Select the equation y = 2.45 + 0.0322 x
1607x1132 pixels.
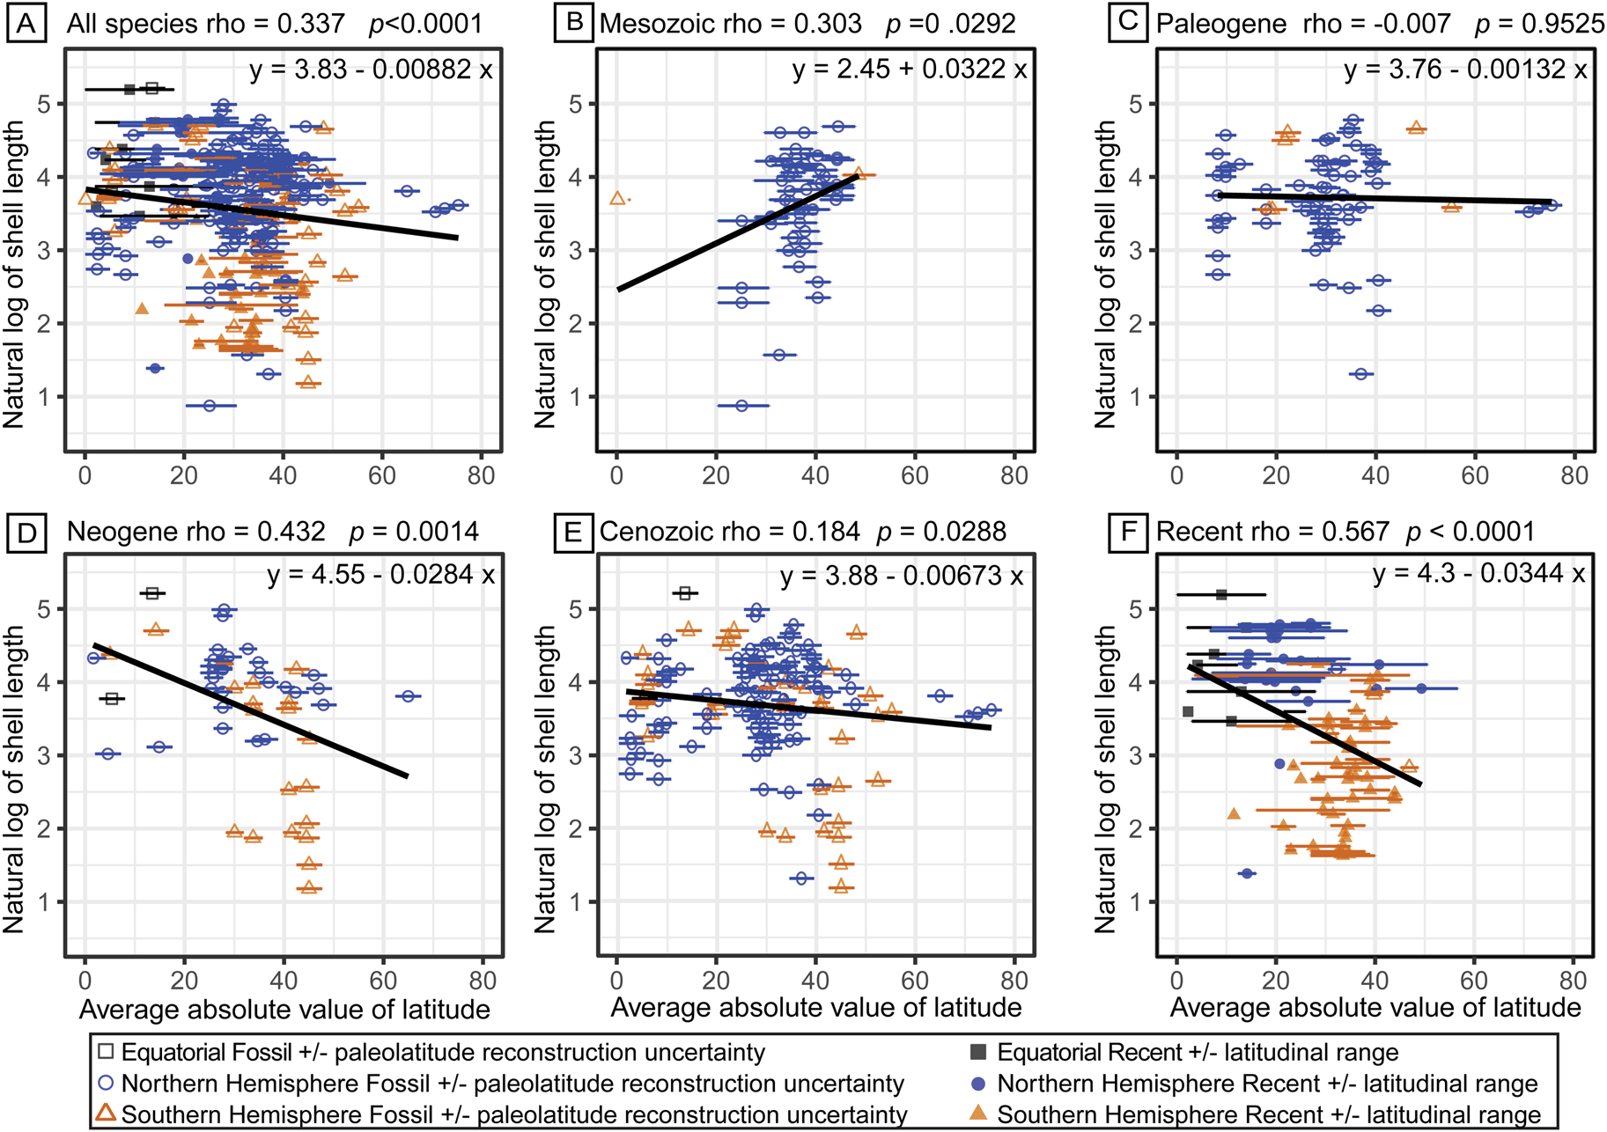click(x=909, y=70)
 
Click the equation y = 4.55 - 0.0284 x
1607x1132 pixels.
click(x=380, y=575)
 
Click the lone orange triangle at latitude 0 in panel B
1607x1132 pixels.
click(x=618, y=199)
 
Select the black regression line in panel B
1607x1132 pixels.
click(x=738, y=232)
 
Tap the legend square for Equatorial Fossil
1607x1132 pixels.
click(x=107, y=1052)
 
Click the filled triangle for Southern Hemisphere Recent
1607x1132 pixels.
click(x=977, y=1114)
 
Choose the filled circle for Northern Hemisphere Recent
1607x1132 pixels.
click(x=977, y=1084)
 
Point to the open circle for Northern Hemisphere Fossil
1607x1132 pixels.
click(x=107, y=1084)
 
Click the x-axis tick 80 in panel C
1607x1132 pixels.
click(x=1574, y=476)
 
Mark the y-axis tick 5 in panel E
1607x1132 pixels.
click(x=578, y=609)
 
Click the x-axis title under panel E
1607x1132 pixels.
click(x=816, y=1008)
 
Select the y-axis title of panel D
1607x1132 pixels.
click(x=14, y=779)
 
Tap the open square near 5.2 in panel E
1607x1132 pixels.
click(x=685, y=594)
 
